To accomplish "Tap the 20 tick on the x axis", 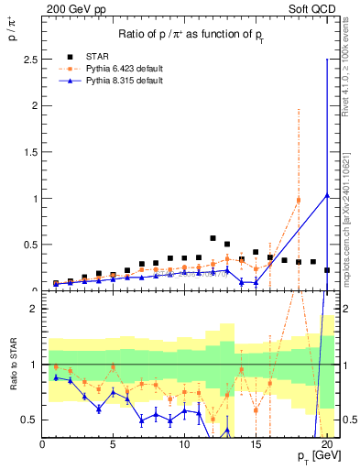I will tap(327, 445).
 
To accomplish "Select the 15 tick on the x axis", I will tap(256, 445).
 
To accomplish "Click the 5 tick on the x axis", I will tap(114, 445).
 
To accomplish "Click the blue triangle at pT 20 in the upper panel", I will tap(327, 194).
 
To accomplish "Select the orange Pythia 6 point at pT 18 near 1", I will tap(299, 201).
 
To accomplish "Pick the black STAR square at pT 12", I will tap(213, 238).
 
